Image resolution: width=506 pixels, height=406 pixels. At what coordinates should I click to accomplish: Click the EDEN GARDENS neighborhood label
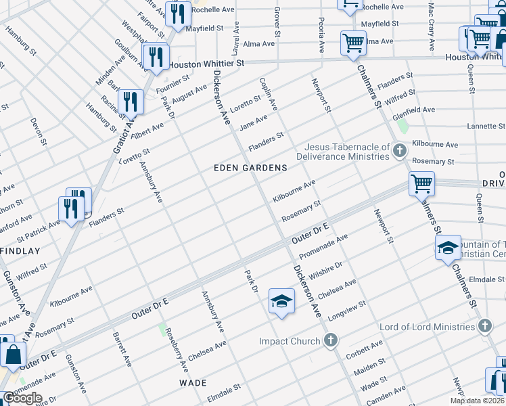coord(250,167)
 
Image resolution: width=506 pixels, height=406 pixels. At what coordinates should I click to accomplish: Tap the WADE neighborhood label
coord(192,383)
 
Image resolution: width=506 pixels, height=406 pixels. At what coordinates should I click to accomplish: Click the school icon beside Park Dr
coord(281,301)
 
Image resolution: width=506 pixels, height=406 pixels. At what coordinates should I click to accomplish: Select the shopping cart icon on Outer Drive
coord(421,183)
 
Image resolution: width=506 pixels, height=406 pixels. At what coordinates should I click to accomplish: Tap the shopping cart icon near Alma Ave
coord(353,43)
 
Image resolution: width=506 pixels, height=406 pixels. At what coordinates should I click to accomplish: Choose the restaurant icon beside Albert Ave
coord(130,101)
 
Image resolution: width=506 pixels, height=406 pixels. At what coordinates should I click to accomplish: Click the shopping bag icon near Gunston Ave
coord(13,353)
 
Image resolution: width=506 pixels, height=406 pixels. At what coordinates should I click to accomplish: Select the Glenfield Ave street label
coord(415,109)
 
